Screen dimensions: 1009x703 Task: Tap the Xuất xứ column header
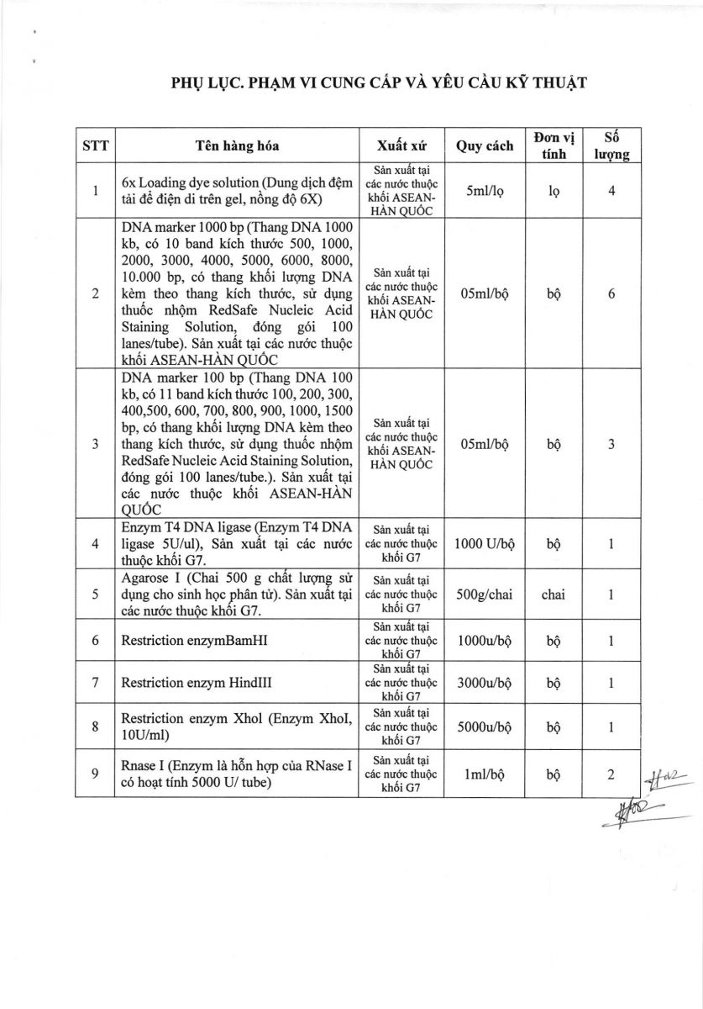tap(402, 145)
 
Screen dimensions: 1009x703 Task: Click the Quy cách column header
tap(485, 145)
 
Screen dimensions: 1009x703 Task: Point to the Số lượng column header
tap(612, 145)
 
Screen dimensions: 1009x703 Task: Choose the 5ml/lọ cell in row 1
tap(485, 191)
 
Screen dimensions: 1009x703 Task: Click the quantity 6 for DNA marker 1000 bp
tap(612, 293)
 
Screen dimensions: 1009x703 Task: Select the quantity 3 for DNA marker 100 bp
tap(612, 444)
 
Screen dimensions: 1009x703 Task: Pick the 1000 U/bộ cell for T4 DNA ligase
tap(485, 544)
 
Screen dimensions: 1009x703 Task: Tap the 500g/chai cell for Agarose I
tap(485, 594)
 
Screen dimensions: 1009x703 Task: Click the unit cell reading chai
tap(553, 594)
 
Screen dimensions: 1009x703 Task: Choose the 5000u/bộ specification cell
tap(485, 726)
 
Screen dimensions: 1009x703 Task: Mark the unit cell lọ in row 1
tap(553, 191)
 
